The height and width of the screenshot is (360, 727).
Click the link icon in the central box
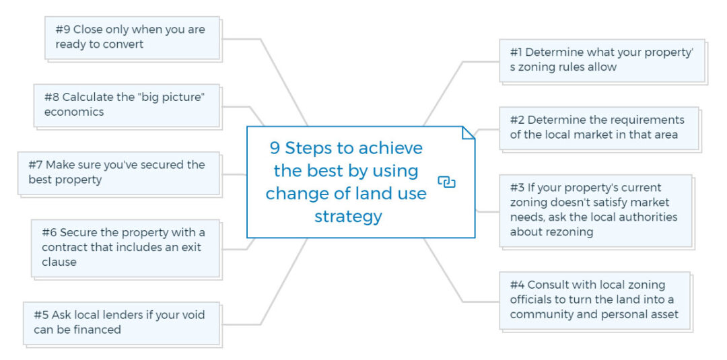pos(446,182)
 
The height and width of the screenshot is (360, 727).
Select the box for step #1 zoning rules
pos(601,60)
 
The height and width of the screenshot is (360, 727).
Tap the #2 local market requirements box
pos(598,127)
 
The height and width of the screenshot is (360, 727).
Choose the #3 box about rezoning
pos(595,210)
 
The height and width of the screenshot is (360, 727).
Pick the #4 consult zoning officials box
pos(594,299)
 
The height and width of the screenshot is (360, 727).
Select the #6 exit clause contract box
pos(125,247)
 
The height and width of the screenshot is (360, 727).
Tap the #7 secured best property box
pos(118,172)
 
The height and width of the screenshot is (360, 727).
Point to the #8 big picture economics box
pos(127,105)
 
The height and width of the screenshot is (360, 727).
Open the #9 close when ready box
pos(132,38)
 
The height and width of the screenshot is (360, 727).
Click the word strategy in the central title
pos(348,216)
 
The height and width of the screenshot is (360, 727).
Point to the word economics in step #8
pos(74,112)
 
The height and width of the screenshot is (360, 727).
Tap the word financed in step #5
pos(98,330)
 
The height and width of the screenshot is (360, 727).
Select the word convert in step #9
pos(123,45)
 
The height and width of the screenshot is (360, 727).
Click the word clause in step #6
pos(59,262)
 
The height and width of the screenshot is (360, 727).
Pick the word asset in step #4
pos(662,314)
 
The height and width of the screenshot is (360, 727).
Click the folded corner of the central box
pos(469,133)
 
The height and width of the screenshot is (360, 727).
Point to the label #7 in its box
pos(36,165)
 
